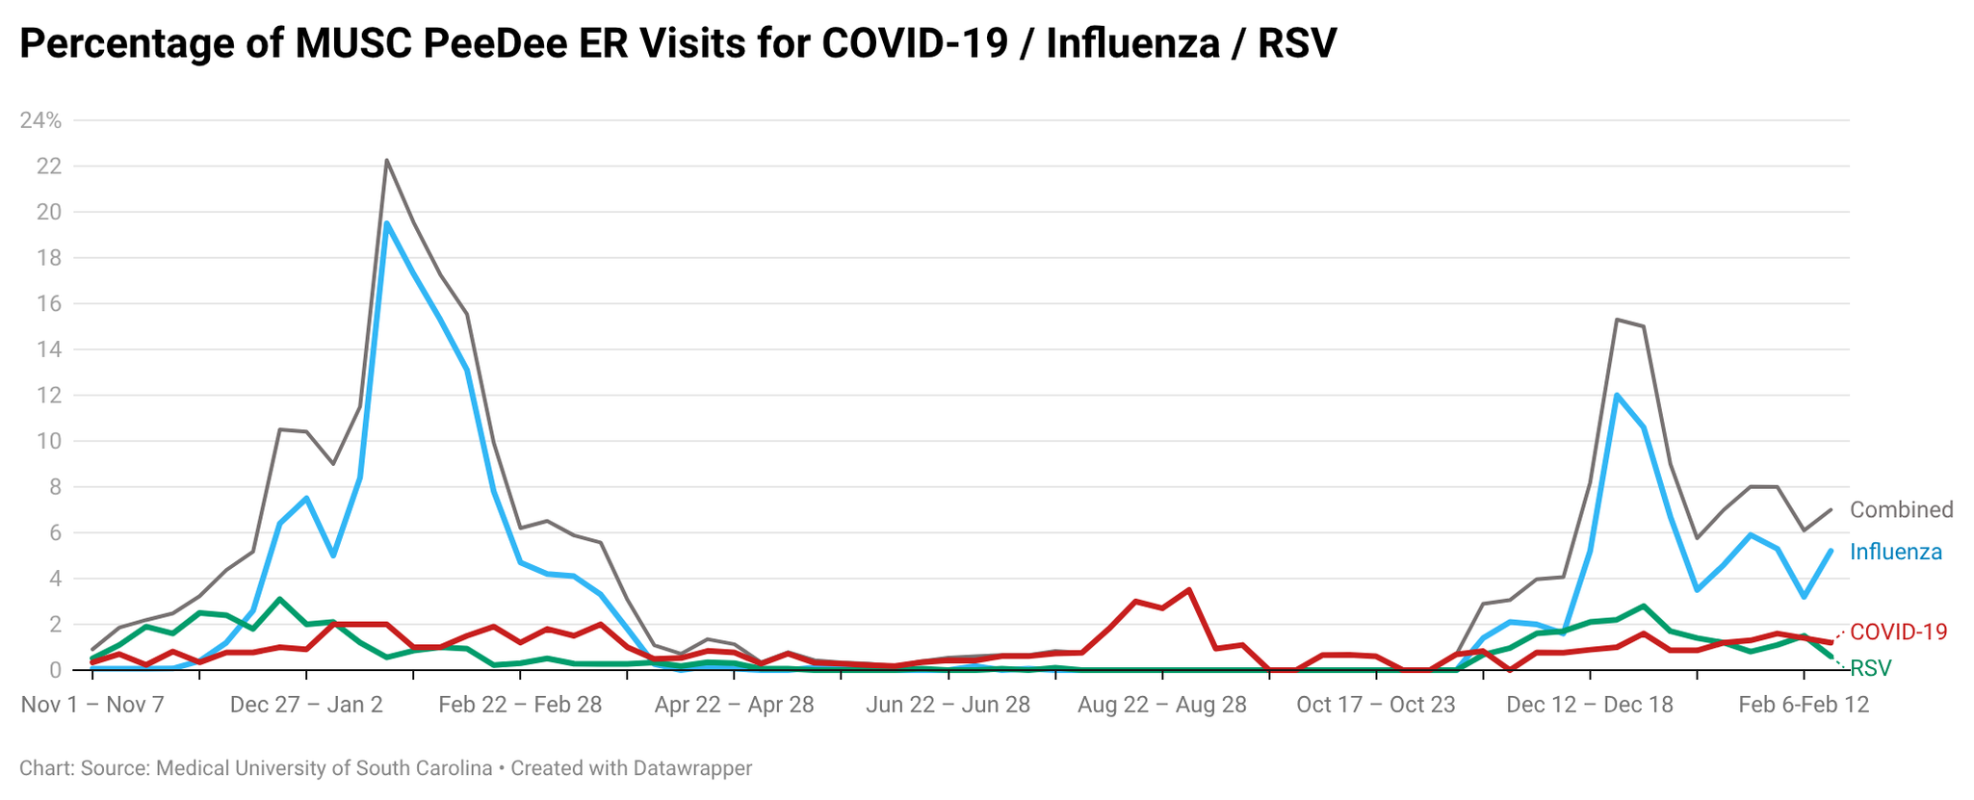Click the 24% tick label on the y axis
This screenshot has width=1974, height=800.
point(40,120)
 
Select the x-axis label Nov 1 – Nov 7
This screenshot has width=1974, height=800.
point(92,705)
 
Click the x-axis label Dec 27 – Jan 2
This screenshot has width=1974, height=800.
point(306,705)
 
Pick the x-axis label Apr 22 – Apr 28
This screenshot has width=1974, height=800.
point(734,705)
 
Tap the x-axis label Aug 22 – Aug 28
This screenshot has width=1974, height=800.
point(1161,705)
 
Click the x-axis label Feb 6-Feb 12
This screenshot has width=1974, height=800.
point(1803,705)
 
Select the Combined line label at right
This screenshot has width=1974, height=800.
point(1901,510)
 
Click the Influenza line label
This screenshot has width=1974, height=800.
point(1895,553)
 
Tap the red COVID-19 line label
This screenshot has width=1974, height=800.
point(1898,632)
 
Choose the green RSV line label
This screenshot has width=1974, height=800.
point(1870,668)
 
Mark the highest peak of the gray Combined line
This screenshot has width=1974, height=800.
point(386,161)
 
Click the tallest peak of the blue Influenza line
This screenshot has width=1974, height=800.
point(386,223)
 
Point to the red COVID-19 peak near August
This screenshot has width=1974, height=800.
point(1189,589)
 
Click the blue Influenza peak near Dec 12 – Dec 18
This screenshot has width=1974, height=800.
point(1617,395)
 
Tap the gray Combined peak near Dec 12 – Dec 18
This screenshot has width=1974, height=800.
point(1617,320)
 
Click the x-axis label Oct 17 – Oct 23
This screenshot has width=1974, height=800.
point(1375,705)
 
